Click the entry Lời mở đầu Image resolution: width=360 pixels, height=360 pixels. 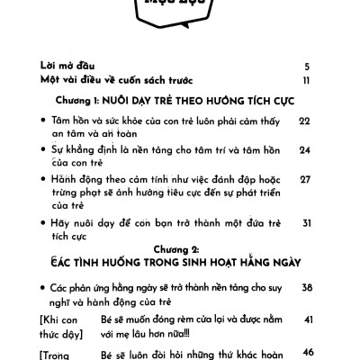(67, 66)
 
